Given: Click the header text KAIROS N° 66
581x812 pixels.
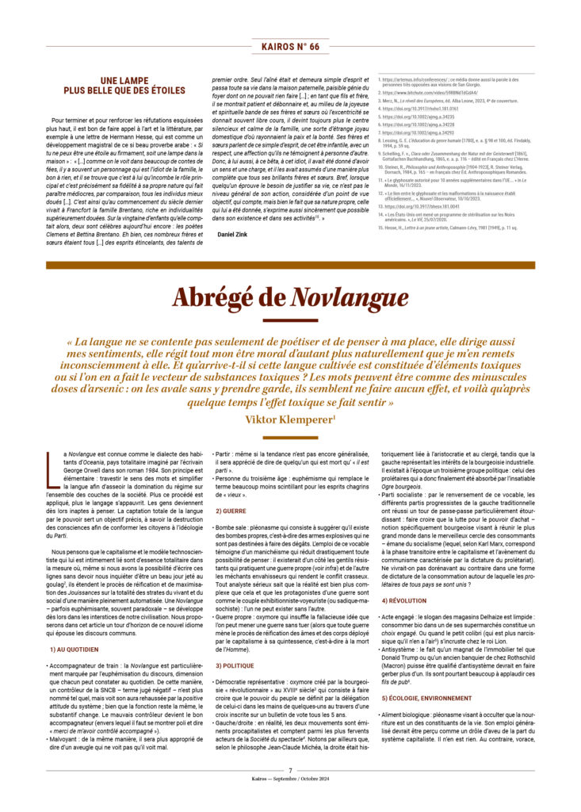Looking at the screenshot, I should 290,47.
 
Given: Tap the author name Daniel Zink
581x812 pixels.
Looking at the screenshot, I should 232,236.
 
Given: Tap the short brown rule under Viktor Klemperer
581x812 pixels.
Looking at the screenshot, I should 290,434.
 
